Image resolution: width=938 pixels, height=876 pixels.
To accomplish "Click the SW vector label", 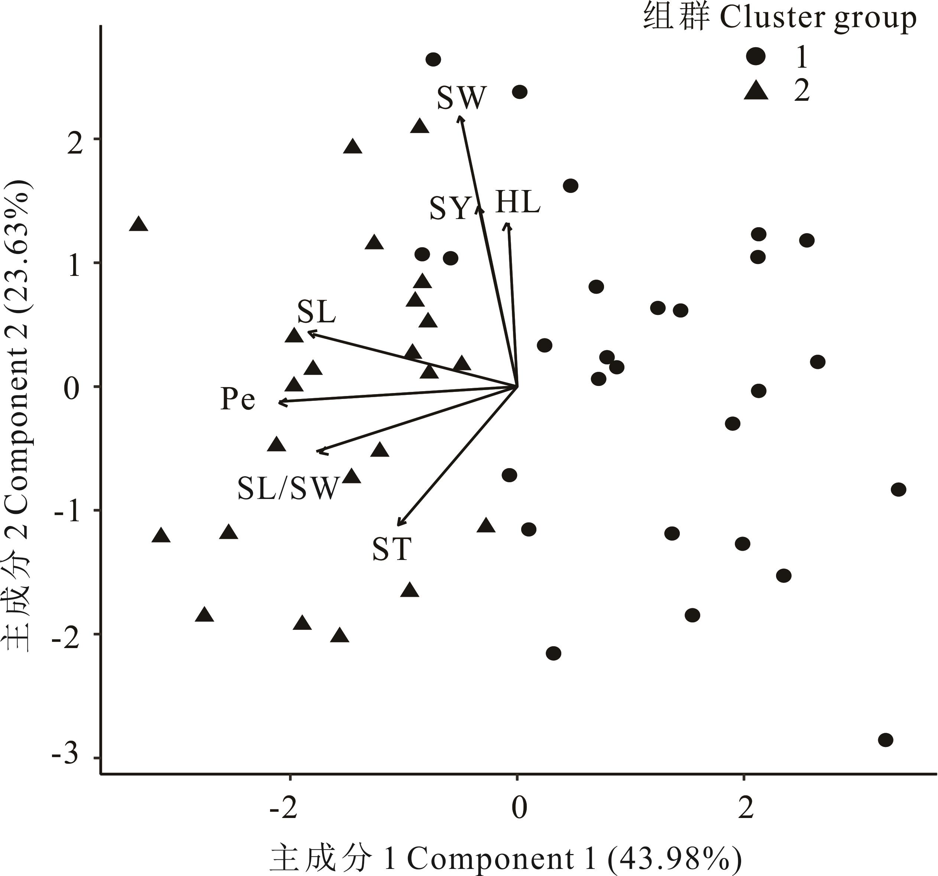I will click(x=461, y=98).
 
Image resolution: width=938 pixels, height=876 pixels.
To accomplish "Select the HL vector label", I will click(x=517, y=203).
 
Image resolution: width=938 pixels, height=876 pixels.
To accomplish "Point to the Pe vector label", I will click(x=238, y=399).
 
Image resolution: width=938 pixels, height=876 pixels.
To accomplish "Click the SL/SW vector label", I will click(x=288, y=488).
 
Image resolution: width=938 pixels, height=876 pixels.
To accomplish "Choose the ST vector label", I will click(x=392, y=549).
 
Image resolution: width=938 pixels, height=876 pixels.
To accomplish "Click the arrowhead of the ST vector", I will click(x=399, y=524).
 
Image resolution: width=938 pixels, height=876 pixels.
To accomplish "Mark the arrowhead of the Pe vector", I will click(x=280, y=402).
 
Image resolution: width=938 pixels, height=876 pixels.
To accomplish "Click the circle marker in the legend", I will click(x=755, y=57).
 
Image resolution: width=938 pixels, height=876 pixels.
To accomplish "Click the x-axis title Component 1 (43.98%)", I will click(x=505, y=859).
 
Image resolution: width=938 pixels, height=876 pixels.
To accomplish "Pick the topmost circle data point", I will click(x=433, y=59).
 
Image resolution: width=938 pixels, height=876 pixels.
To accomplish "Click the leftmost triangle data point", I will click(x=138, y=224).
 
